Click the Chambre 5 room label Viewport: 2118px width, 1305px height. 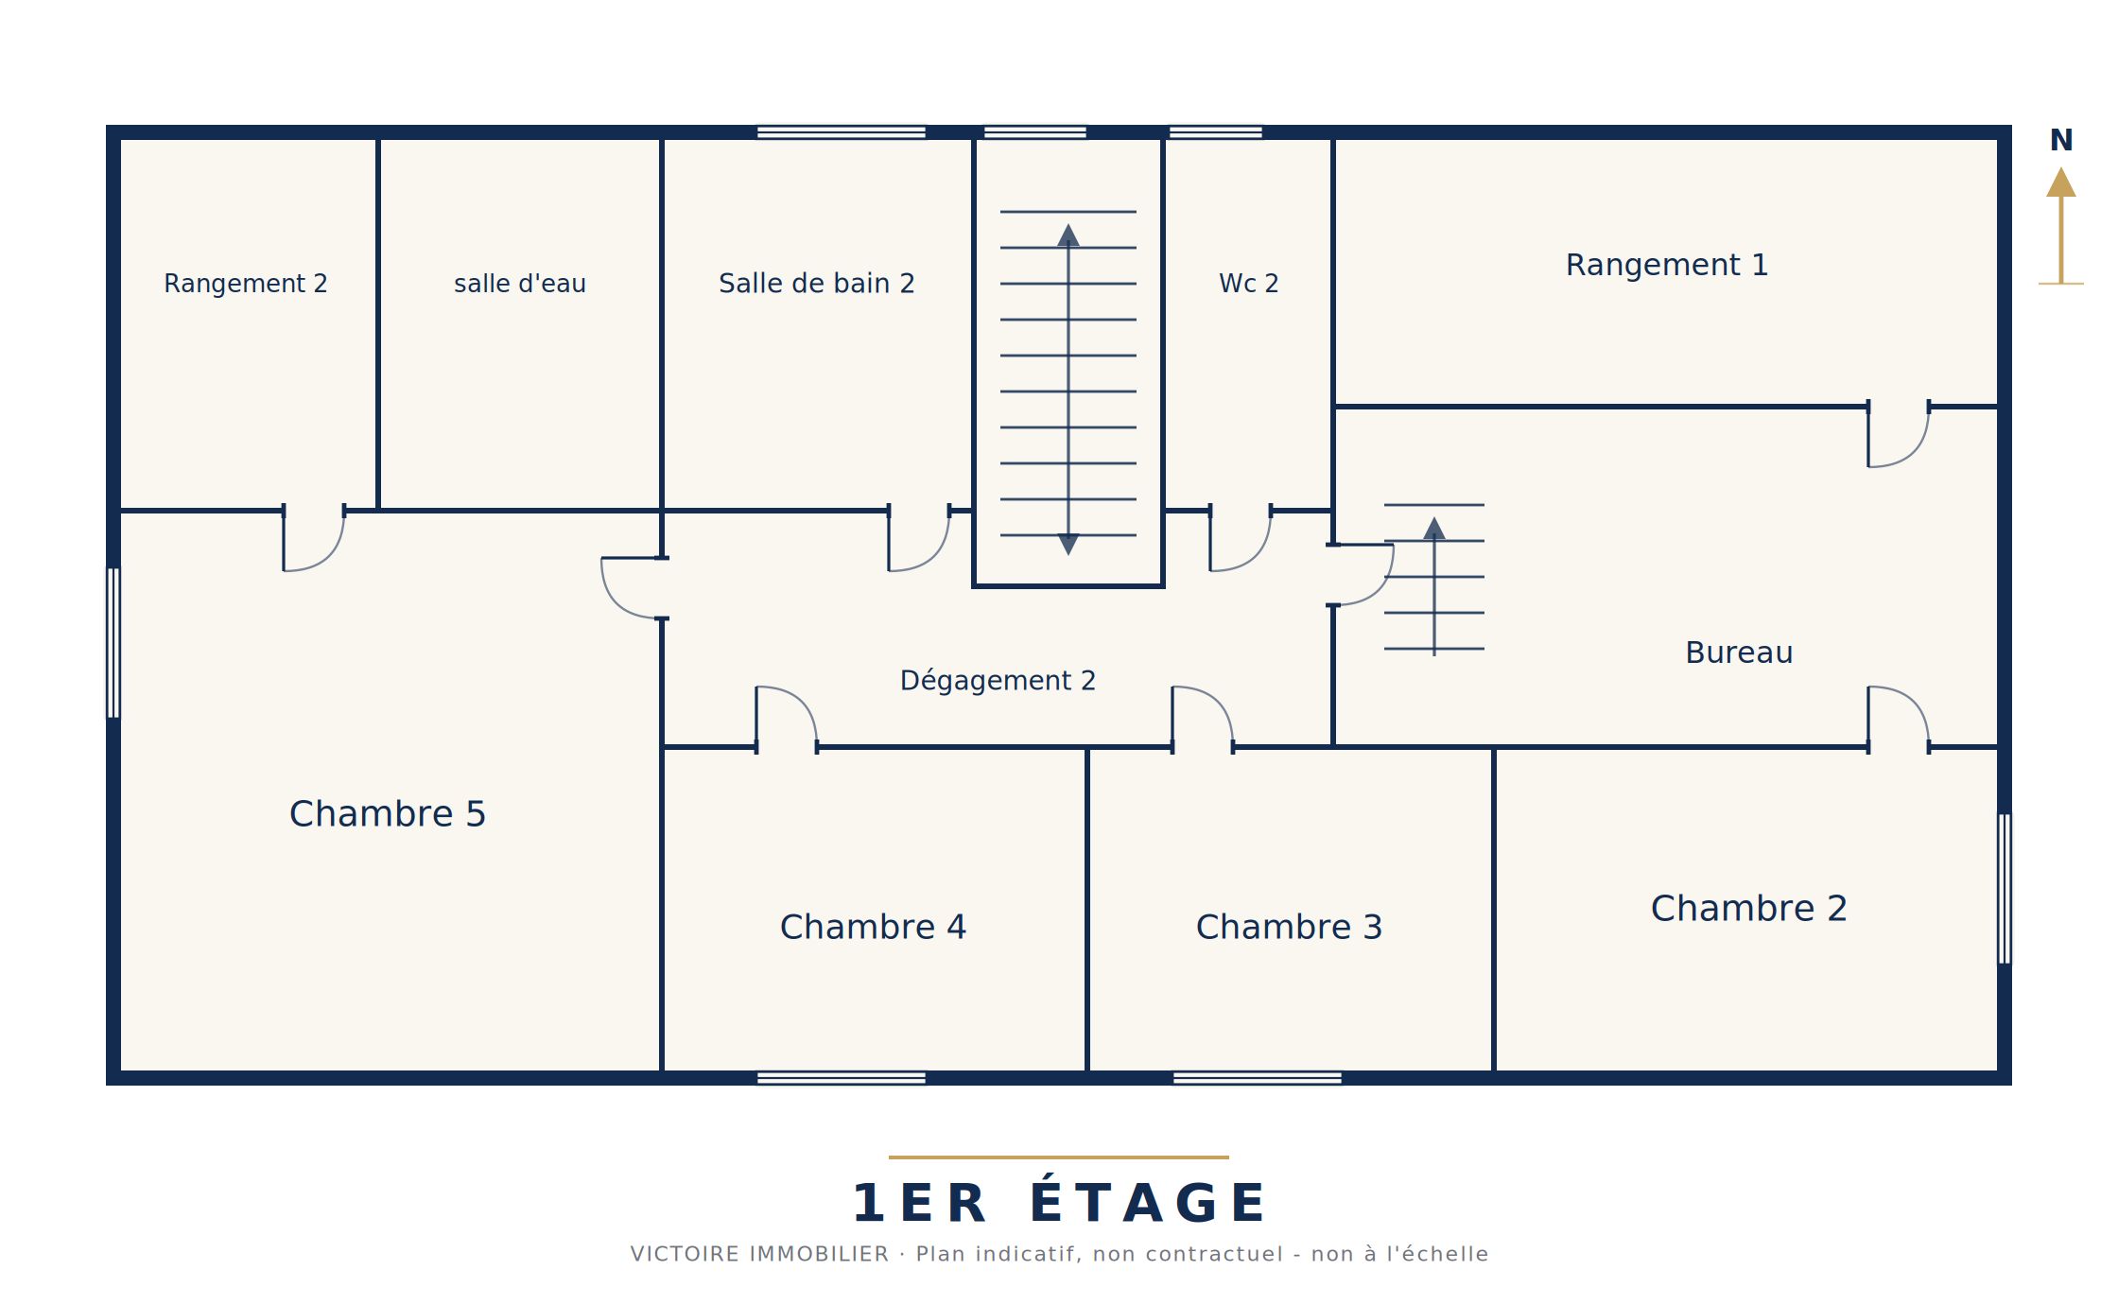(x=388, y=813)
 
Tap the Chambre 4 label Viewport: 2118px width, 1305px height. (x=873, y=927)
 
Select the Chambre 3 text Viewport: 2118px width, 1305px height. (x=1289, y=927)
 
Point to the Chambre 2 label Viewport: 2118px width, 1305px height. (x=1749, y=908)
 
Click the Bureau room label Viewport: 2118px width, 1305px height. (x=1739, y=652)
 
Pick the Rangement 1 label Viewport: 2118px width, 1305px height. (x=1667, y=265)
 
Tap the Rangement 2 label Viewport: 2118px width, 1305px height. (x=246, y=284)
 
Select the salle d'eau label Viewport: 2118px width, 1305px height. (x=520, y=284)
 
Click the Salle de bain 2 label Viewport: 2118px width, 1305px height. (x=817, y=284)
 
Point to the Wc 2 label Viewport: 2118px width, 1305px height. (x=1249, y=284)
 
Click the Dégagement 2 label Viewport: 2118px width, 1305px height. (x=998, y=680)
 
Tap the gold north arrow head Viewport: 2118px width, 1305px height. (x=2061, y=182)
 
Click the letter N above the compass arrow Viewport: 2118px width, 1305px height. (x=2061, y=140)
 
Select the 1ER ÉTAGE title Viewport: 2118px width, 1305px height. (x=1059, y=1203)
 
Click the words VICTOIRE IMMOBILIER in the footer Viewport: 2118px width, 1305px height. (x=760, y=1254)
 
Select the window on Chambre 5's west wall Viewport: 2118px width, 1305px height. (x=113, y=643)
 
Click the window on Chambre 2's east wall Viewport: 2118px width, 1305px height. (x=2005, y=889)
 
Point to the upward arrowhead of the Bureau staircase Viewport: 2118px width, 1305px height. (x=1434, y=528)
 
